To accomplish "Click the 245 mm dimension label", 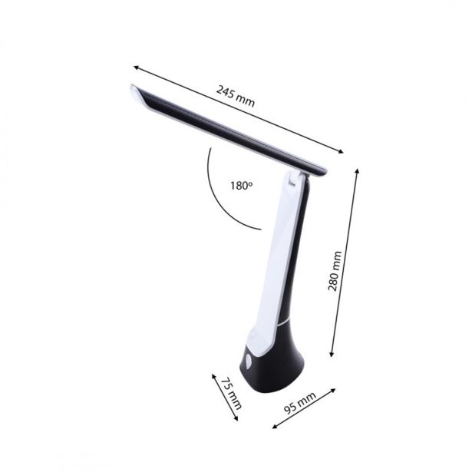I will point(235,97).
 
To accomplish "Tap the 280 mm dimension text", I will point(334,272).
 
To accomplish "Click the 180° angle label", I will point(239,185).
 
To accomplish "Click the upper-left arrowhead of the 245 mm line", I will point(136,67).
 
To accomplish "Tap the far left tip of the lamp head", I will point(132,89).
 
